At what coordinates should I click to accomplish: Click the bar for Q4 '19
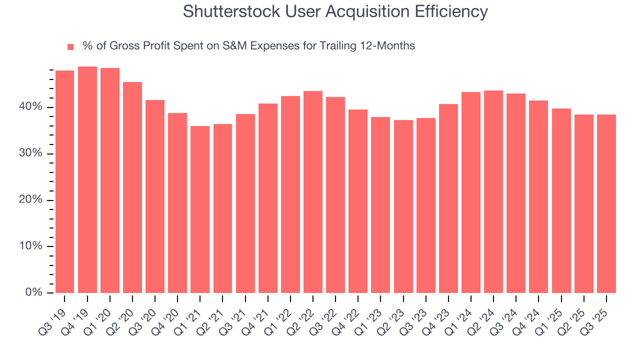(87, 180)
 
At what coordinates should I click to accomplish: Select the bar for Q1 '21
(200, 209)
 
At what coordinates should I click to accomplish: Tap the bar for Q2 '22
(313, 192)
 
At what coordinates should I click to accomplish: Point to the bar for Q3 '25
(606, 203)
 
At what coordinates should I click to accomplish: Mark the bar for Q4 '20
(177, 203)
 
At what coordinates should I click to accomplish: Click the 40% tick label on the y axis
(31, 107)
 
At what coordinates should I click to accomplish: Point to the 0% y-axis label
(33, 293)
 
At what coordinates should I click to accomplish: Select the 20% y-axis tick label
(31, 200)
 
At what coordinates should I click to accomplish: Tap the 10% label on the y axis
(31, 246)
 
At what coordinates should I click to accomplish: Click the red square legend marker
(70, 47)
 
